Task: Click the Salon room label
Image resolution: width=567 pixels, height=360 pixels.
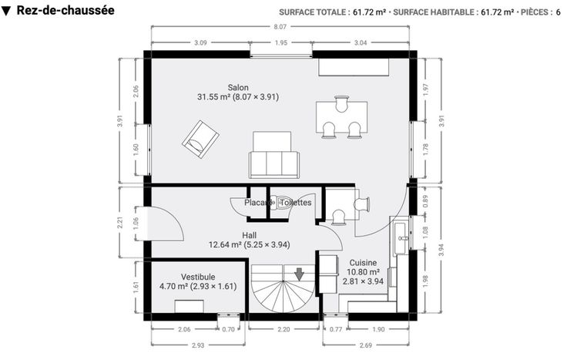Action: (238, 88)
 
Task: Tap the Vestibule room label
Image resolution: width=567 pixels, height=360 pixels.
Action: (198, 278)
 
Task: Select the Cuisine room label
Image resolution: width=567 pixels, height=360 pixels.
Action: (363, 263)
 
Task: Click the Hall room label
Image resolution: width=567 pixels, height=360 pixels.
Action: (250, 235)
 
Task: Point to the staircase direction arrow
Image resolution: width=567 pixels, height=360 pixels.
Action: (299, 274)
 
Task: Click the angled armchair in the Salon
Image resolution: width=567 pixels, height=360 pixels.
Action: (200, 140)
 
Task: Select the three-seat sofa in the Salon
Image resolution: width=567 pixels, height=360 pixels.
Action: (274, 155)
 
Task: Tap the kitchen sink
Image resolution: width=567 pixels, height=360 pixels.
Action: (401, 237)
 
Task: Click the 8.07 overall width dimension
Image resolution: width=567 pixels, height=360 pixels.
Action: (280, 26)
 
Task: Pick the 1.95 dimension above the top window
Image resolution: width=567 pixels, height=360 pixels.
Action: (281, 42)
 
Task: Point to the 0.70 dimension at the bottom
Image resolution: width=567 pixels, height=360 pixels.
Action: (228, 329)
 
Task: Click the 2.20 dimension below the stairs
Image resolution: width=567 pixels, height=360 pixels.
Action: (283, 329)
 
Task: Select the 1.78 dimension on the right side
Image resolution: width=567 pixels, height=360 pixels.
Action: (425, 150)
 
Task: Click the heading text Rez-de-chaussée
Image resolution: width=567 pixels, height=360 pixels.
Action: (65, 11)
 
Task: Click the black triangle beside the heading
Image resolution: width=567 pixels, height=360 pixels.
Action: (6, 12)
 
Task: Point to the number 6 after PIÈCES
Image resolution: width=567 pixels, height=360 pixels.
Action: (559, 12)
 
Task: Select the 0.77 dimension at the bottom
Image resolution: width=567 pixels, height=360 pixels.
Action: (336, 329)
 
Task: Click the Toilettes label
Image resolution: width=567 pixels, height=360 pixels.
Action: (295, 203)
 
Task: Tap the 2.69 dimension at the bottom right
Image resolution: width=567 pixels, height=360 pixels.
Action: (366, 345)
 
